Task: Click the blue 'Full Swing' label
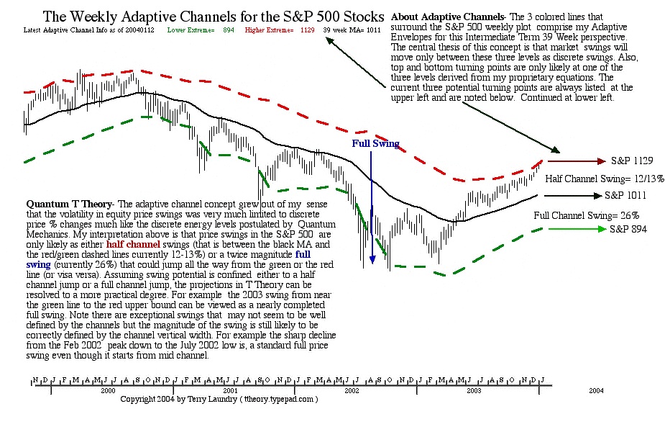tap(375, 143)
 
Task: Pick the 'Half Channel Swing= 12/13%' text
tap(605, 178)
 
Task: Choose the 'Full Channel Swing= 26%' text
tap(587, 215)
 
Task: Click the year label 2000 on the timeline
tap(107, 390)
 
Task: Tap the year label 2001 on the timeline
tap(230, 390)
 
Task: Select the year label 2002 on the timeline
tap(352, 390)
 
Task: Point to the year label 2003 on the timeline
tap(474, 390)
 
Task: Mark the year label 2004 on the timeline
tap(596, 390)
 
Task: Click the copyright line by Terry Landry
tap(219, 398)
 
